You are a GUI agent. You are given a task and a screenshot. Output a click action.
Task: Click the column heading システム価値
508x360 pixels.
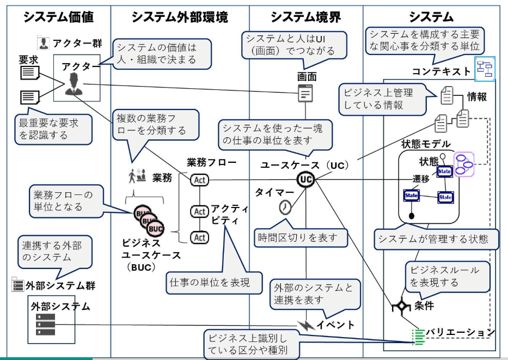point(58,17)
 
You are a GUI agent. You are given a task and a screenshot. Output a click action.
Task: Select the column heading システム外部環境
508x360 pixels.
point(180,17)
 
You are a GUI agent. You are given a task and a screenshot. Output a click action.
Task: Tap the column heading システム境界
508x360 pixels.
point(306,17)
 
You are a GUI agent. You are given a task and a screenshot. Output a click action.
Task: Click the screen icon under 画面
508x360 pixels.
point(306,93)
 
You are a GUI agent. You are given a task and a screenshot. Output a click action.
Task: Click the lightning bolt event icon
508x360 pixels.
point(305,325)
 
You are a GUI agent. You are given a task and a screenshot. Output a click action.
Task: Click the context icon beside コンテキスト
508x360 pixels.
point(484,68)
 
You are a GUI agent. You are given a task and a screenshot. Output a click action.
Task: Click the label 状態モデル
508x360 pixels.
point(425,144)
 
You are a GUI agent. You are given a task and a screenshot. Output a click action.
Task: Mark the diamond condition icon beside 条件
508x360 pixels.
point(401,306)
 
